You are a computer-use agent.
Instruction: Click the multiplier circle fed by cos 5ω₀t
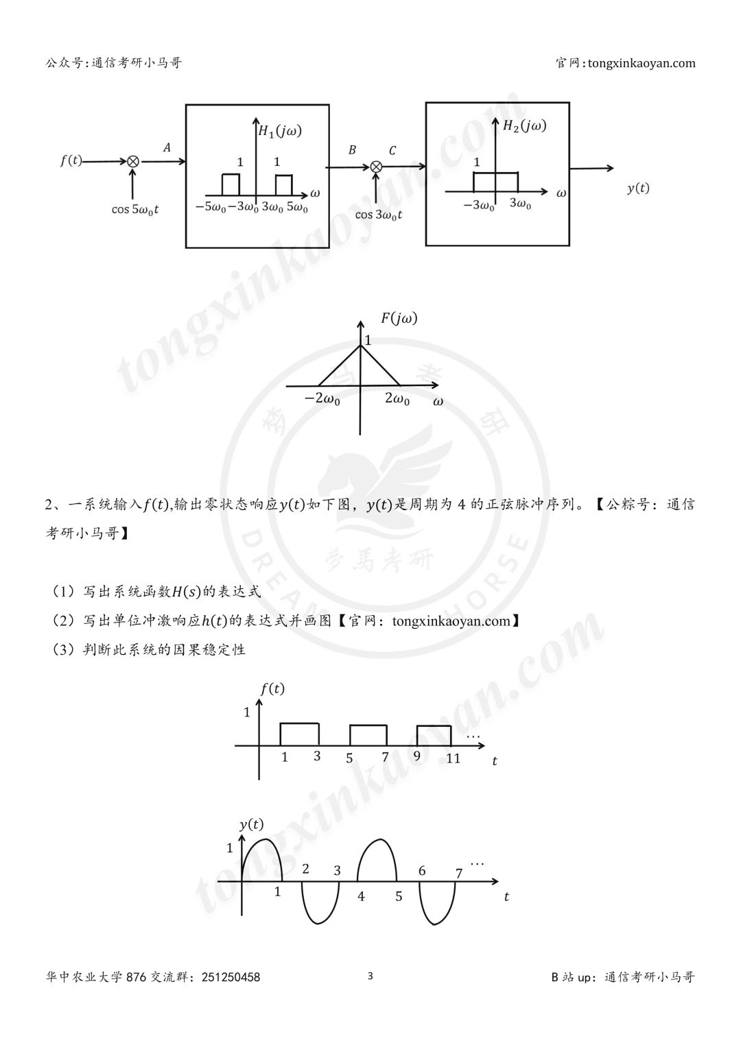click(x=133, y=162)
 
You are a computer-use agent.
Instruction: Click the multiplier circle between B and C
click(x=376, y=167)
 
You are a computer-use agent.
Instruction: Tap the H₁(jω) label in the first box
click(x=280, y=132)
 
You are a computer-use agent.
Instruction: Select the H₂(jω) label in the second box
click(x=525, y=125)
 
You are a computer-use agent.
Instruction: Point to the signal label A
click(x=167, y=147)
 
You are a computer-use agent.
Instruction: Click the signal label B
click(x=352, y=149)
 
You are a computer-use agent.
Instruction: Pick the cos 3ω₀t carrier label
click(x=379, y=215)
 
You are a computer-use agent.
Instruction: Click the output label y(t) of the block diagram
click(x=638, y=189)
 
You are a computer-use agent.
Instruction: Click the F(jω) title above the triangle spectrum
click(x=399, y=319)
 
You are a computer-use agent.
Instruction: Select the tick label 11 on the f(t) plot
click(x=454, y=758)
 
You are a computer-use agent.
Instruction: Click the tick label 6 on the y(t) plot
click(x=422, y=870)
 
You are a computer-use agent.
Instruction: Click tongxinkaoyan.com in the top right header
click(x=642, y=63)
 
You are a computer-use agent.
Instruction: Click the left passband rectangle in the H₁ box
click(x=231, y=184)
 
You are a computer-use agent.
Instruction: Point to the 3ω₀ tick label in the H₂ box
click(x=520, y=204)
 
